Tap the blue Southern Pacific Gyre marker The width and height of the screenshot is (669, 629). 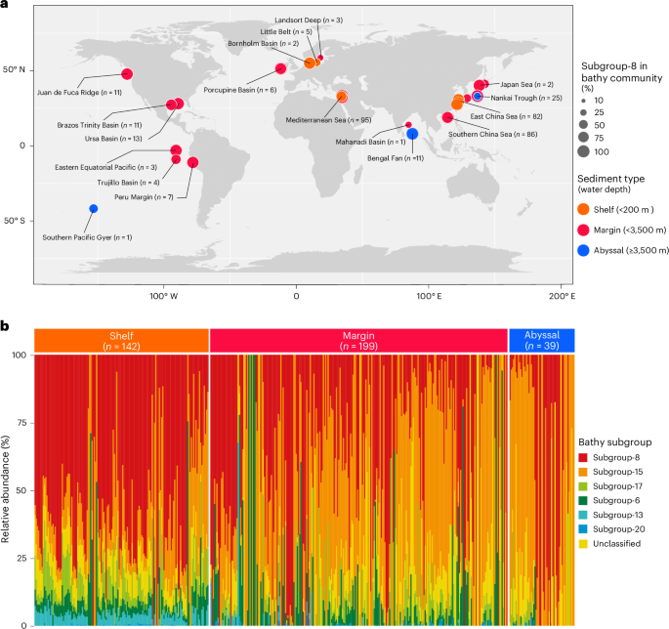(x=94, y=208)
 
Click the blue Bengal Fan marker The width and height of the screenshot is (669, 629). (x=412, y=134)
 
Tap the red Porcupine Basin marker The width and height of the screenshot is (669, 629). (x=280, y=68)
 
